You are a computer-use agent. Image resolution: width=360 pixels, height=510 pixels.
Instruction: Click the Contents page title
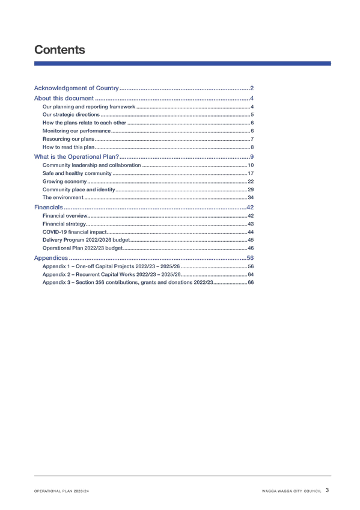(x=59, y=50)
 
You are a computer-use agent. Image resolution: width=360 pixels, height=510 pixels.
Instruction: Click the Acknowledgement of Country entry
(x=76, y=88)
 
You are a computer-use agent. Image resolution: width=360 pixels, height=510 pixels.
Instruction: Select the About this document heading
(x=64, y=98)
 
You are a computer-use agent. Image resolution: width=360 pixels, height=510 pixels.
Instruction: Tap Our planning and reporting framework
(x=89, y=106)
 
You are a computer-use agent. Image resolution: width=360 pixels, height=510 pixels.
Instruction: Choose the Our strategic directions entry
(x=71, y=114)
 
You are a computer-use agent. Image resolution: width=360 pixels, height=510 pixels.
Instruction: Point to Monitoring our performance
(x=76, y=131)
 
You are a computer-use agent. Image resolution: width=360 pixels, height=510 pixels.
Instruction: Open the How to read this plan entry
(x=69, y=147)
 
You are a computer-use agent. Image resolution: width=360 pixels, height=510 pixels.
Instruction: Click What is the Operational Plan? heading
(x=76, y=157)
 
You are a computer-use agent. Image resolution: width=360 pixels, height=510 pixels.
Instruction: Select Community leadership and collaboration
(x=91, y=165)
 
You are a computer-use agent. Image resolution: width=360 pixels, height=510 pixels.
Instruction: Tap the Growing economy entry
(x=64, y=182)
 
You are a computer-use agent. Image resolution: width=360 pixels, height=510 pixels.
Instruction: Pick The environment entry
(x=63, y=197)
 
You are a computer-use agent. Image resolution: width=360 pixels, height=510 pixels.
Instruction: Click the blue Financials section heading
(x=49, y=207)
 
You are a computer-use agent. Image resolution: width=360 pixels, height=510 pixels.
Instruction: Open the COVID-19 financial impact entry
(x=75, y=232)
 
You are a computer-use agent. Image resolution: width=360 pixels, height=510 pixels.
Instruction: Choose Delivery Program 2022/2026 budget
(x=86, y=240)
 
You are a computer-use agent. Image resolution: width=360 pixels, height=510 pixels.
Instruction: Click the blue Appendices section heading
(x=51, y=258)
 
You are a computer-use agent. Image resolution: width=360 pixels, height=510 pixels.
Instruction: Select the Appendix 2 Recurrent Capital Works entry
(x=111, y=274)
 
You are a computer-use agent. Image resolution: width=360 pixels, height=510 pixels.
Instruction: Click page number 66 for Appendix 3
(x=251, y=282)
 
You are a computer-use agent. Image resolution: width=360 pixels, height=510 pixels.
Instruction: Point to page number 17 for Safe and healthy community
(x=251, y=173)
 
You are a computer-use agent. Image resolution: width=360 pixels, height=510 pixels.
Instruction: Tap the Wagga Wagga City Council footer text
(x=291, y=491)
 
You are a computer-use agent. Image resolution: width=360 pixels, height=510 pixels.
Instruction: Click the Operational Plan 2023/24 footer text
(x=61, y=491)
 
